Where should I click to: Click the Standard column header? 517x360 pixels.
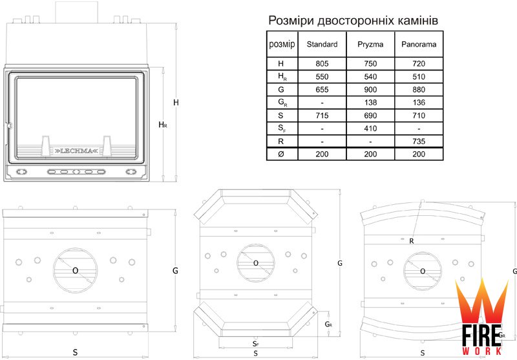(322, 45)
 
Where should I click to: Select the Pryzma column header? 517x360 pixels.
(370, 45)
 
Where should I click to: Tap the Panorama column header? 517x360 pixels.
(418, 45)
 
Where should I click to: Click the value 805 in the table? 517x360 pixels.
(322, 63)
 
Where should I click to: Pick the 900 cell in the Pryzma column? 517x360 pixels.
(370, 89)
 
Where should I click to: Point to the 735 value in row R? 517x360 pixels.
(418, 141)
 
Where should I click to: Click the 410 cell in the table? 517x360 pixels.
(370, 129)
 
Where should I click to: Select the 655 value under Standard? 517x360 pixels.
(322, 89)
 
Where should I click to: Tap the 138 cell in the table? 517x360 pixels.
(370, 102)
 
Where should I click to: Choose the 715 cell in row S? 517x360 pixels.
(322, 116)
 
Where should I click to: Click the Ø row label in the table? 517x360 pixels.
(280, 154)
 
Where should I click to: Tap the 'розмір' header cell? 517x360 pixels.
(281, 45)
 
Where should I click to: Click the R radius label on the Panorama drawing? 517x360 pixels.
(411, 242)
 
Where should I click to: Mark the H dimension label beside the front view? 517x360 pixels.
(176, 103)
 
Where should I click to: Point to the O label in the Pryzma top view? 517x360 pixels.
(256, 263)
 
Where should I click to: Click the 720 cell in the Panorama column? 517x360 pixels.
(418, 63)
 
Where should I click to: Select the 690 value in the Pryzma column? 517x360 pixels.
(370, 116)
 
